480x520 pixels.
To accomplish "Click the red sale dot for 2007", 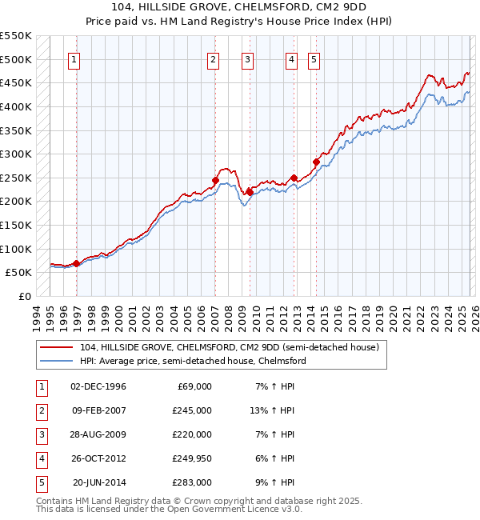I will point(215,181).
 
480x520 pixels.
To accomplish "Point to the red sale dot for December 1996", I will point(76,263).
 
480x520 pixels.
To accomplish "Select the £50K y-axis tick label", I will point(18,272).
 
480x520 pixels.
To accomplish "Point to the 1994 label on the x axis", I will point(37,318).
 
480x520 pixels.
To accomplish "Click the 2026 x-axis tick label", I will point(474,318).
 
